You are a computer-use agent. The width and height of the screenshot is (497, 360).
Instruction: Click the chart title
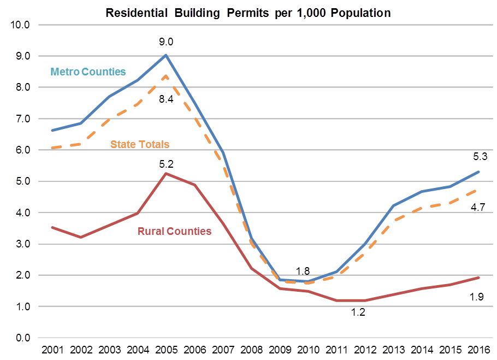pyautogui.click(x=248, y=13)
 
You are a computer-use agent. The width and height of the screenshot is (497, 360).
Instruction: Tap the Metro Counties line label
pyautogui.click(x=88, y=72)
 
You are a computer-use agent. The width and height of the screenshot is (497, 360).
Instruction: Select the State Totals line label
pyautogui.click(x=140, y=144)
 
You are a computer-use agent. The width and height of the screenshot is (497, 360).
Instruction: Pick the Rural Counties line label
pyautogui.click(x=174, y=231)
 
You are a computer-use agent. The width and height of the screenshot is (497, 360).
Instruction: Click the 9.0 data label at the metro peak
pyautogui.click(x=166, y=42)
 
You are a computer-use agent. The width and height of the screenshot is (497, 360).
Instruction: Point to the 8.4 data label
pyautogui.click(x=166, y=98)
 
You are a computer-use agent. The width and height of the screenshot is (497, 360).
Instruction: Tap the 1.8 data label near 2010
pyautogui.click(x=303, y=271)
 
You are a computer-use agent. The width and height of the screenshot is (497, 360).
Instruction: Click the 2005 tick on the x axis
pyautogui.click(x=166, y=349)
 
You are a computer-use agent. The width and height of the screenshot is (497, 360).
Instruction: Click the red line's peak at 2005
pyautogui.click(x=166, y=173)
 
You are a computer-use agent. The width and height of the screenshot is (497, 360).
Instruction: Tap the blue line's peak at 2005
pyautogui.click(x=166, y=55)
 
